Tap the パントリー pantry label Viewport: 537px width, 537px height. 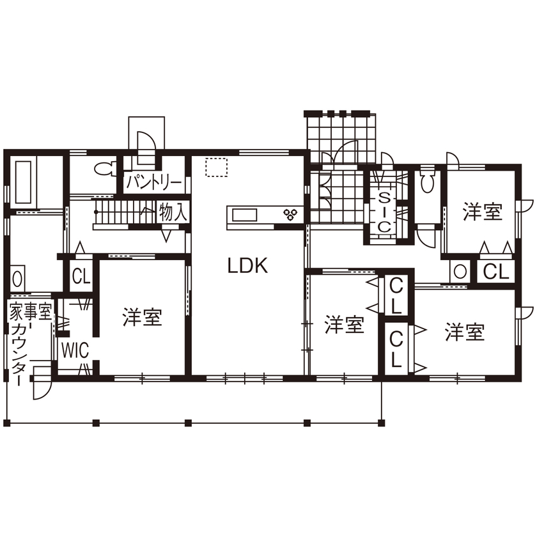tap(153, 183)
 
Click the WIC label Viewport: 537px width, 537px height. tap(75, 350)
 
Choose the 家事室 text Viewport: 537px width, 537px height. tap(29, 312)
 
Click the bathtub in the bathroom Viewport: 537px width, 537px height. tap(23, 182)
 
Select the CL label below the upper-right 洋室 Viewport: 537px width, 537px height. tap(495, 272)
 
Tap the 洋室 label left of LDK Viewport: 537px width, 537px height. tap(143, 318)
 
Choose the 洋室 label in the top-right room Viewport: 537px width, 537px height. tap(483, 212)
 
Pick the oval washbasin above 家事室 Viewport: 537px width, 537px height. tap(17, 279)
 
